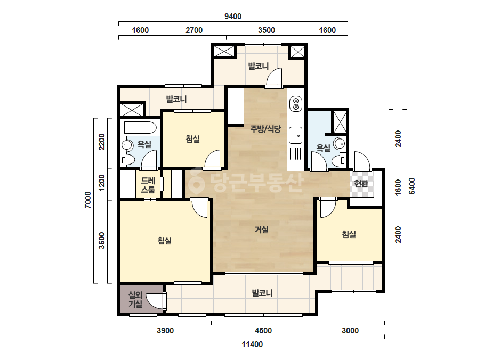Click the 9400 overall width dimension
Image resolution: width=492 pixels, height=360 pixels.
coord(233,17)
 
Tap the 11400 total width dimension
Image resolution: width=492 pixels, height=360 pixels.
coord(252,345)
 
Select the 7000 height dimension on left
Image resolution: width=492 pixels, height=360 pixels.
coord(88,200)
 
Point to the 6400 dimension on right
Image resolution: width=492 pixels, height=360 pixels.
coord(412,186)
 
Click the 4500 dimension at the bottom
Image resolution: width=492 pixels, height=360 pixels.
coord(263,331)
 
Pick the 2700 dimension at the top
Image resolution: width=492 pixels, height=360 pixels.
coord(194,30)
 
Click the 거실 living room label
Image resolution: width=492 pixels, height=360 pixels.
coord(261,230)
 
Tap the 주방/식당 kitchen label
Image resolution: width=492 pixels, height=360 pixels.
coord(265,128)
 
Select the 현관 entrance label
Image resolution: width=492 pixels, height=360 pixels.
coord(361,183)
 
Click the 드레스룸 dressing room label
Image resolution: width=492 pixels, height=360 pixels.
coord(148,185)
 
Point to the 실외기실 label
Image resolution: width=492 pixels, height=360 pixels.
coord(135,299)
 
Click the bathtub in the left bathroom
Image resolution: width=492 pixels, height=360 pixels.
coord(140,128)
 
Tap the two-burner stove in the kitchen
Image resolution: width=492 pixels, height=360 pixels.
coord(295,104)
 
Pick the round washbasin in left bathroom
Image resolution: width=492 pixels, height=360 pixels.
coord(127,145)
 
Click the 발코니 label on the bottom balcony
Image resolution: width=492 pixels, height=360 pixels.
coord(262,293)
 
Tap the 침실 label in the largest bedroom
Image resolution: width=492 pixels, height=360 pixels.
coord(165,241)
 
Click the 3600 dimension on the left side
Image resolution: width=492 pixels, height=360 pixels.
coord(102,240)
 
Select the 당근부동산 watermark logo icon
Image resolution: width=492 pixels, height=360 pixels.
coord(196,182)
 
